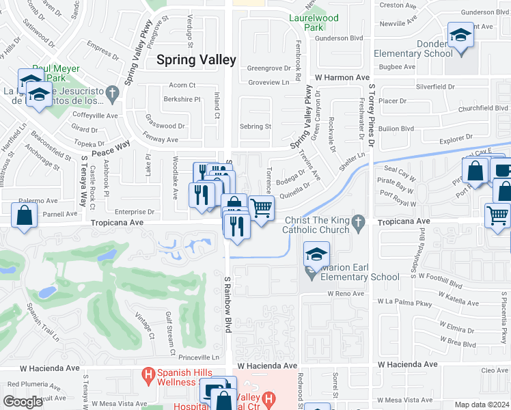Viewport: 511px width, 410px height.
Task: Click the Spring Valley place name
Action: pos(196,59)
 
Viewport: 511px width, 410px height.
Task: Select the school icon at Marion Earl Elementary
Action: pos(316,255)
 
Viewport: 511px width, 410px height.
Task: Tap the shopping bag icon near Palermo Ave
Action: pos(25,215)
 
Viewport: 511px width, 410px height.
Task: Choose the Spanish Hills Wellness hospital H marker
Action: pos(146,375)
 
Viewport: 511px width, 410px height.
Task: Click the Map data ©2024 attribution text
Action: pos(482,405)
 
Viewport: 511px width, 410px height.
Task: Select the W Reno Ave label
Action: pos(348,293)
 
